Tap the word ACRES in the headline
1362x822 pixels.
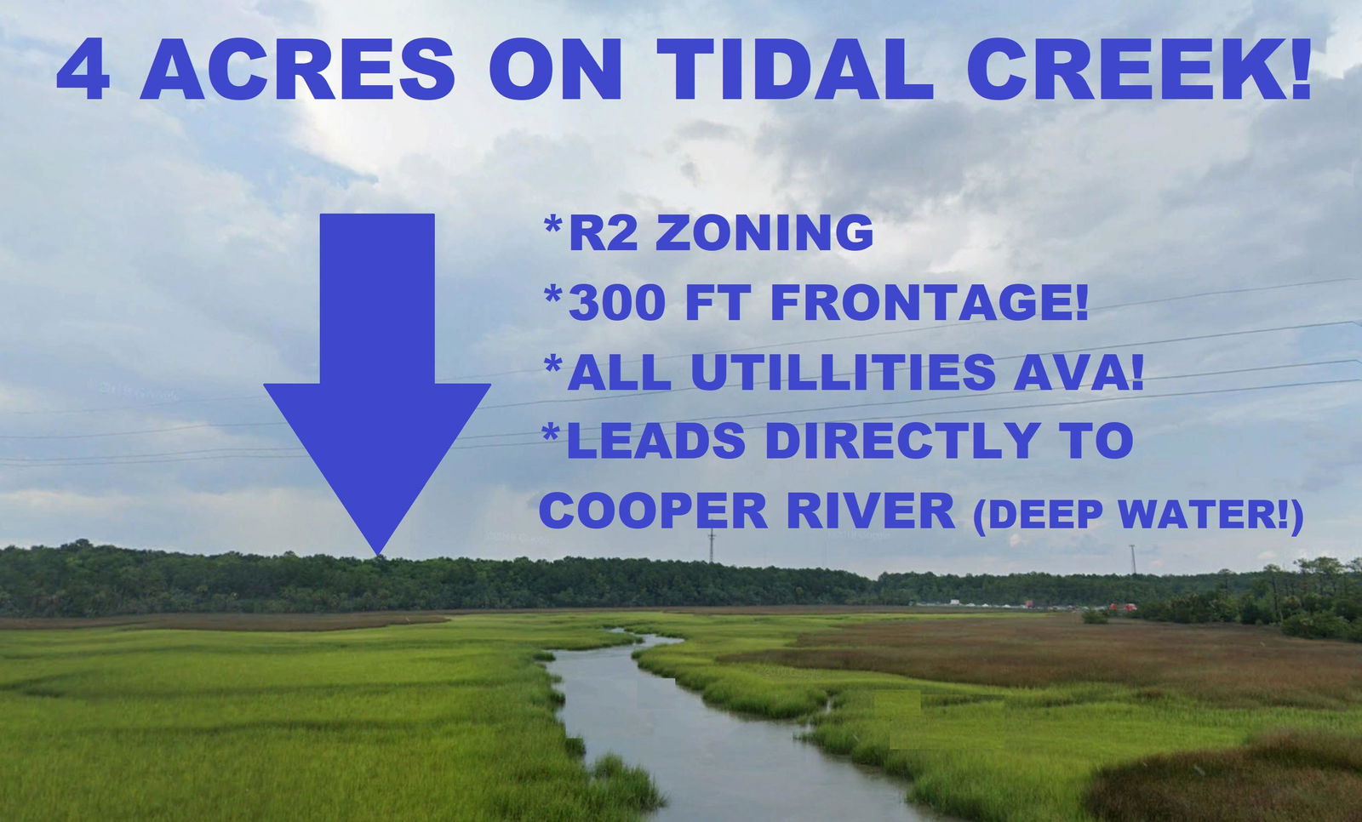click(297, 69)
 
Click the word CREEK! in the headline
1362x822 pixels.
click(1138, 69)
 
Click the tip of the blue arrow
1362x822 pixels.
click(378, 555)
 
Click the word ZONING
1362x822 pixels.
click(764, 233)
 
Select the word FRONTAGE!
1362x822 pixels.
click(929, 303)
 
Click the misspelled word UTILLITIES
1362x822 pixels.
click(835, 373)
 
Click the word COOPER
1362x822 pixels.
click(653, 511)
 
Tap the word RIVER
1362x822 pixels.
click(871, 511)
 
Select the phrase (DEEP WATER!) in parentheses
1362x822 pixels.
click(1138, 514)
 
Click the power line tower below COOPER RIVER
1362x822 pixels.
click(712, 546)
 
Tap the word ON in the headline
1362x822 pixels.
click(556, 69)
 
